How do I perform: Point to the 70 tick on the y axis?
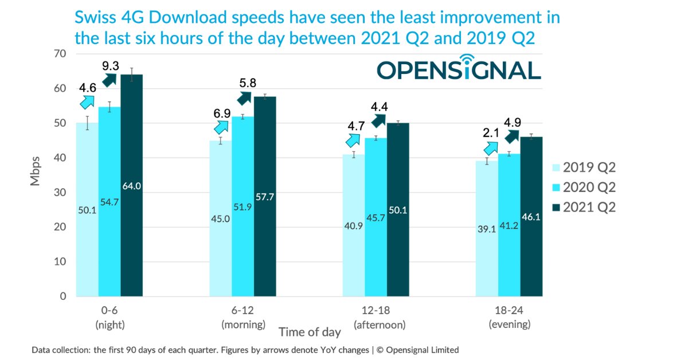coord(60,54)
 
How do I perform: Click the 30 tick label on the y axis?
coord(60,193)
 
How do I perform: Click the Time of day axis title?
coord(310,332)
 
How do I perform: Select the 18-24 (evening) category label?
coord(509,318)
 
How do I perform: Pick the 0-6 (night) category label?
coord(109,318)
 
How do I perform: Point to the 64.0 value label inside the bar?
coord(131,186)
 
